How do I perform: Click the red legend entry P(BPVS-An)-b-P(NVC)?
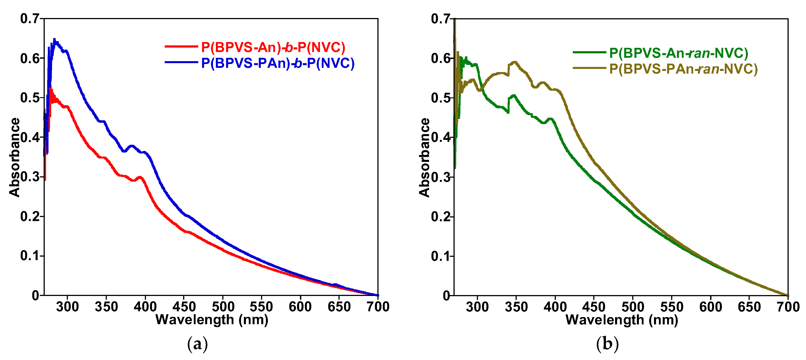[273, 47]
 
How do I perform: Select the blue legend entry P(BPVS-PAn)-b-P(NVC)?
[277, 63]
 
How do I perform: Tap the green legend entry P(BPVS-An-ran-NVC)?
[678, 53]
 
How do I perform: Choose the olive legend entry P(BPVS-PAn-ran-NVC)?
[683, 69]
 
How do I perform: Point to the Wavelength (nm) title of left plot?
[212, 320]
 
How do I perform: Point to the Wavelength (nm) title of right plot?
[622, 320]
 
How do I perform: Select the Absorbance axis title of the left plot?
[14, 157]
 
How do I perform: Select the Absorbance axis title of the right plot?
[424, 157]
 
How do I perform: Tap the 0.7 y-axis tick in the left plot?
[30, 19]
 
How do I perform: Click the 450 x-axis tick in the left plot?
[184, 306]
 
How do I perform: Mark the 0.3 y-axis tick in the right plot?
[441, 177]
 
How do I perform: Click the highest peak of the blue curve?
[55, 39]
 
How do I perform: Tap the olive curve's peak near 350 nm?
[515, 62]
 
